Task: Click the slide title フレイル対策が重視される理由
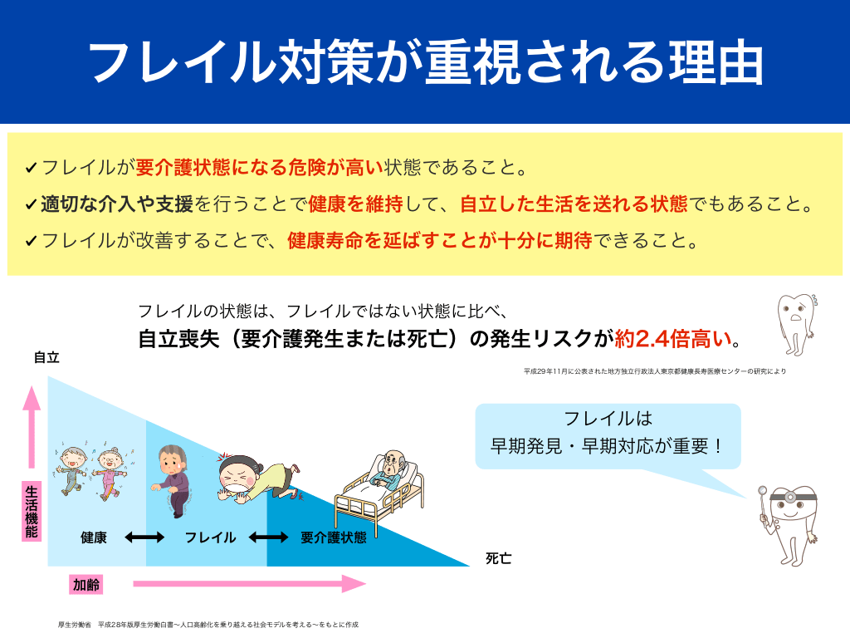426,61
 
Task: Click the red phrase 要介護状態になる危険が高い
260,168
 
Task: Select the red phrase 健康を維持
355,204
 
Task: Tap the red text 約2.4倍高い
672,339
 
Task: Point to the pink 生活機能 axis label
32,511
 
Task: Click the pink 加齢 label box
86,585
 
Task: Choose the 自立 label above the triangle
46,357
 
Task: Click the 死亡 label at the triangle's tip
499,558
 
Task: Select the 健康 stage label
94,537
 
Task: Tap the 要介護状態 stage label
334,537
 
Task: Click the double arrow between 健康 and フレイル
144,537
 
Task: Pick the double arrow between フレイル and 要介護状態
268,537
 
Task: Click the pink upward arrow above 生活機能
32,427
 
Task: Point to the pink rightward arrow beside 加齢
249,584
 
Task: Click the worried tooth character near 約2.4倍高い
796,324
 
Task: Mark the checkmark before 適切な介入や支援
31,206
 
